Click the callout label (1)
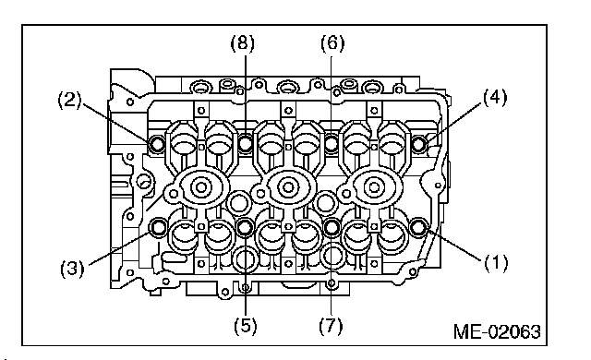pos(496,262)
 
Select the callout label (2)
pos(70,101)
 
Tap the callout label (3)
pos(72,269)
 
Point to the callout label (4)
pos(495,98)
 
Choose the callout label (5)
pos(246,325)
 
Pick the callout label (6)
pos(332,43)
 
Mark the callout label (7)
pos(331,325)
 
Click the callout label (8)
pos(242,43)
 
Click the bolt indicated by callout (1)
pos(418,227)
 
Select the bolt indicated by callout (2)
pos(156,143)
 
